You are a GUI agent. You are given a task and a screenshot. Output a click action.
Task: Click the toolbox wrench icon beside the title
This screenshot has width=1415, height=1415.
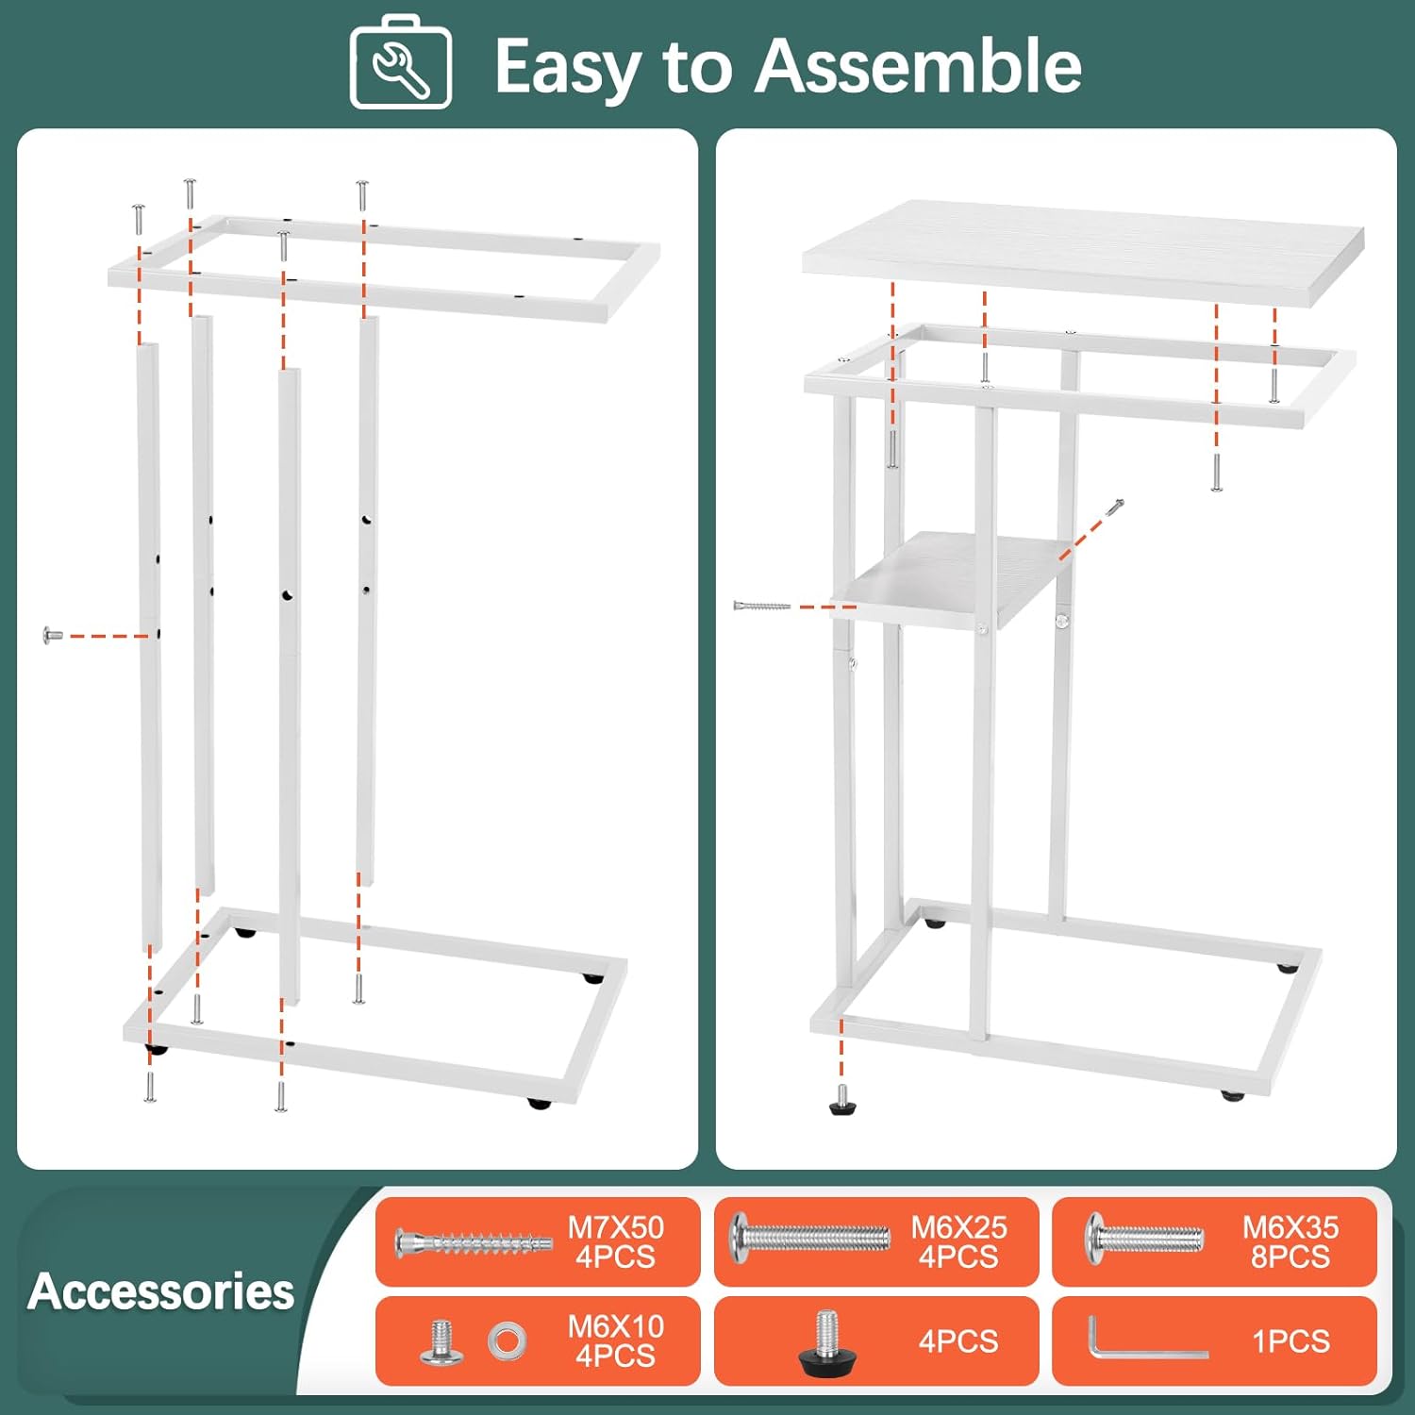[401, 62]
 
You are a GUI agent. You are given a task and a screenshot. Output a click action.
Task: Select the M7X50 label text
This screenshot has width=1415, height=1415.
[616, 1227]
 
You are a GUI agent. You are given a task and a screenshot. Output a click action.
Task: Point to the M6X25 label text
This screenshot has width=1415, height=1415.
[958, 1227]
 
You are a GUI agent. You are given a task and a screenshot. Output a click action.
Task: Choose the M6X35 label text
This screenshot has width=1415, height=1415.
[1290, 1227]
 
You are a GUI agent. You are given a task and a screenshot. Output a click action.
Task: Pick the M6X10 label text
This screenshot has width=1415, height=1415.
[616, 1326]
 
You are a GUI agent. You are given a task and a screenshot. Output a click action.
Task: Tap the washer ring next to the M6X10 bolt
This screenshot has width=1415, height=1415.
[508, 1340]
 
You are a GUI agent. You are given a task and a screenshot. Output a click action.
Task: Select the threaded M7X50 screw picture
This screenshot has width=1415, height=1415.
[474, 1243]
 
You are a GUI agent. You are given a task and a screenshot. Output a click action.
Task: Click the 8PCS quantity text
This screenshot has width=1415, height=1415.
[1290, 1257]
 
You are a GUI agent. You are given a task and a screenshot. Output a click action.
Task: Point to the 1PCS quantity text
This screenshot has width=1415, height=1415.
[1290, 1341]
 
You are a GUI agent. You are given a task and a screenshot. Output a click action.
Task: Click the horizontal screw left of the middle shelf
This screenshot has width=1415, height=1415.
[762, 606]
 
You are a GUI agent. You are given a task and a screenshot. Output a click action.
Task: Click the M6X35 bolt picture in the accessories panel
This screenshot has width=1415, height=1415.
[1144, 1239]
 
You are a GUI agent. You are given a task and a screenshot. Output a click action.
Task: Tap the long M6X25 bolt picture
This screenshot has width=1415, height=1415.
[810, 1235]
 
